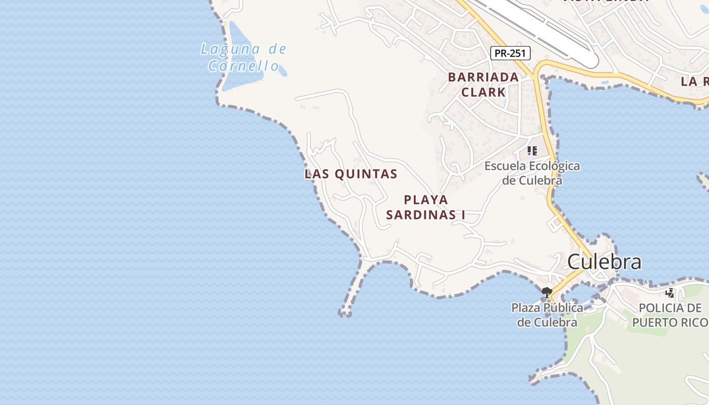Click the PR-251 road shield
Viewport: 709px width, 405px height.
click(510, 53)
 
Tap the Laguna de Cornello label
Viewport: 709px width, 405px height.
click(244, 57)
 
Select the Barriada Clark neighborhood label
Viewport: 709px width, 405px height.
click(483, 85)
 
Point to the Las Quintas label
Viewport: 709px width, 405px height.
click(350, 174)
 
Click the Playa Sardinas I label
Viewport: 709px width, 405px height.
click(425, 207)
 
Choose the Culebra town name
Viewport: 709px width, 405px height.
click(604, 262)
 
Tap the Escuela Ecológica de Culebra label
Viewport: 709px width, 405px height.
click(532, 173)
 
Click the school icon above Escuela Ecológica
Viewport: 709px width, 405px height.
click(532, 150)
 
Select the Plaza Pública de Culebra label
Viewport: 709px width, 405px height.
click(547, 315)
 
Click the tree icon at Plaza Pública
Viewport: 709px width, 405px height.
click(546, 292)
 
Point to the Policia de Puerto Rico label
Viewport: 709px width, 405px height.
click(669, 315)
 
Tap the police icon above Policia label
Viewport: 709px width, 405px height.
click(670, 292)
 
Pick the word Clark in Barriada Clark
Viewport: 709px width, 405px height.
click(483, 92)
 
